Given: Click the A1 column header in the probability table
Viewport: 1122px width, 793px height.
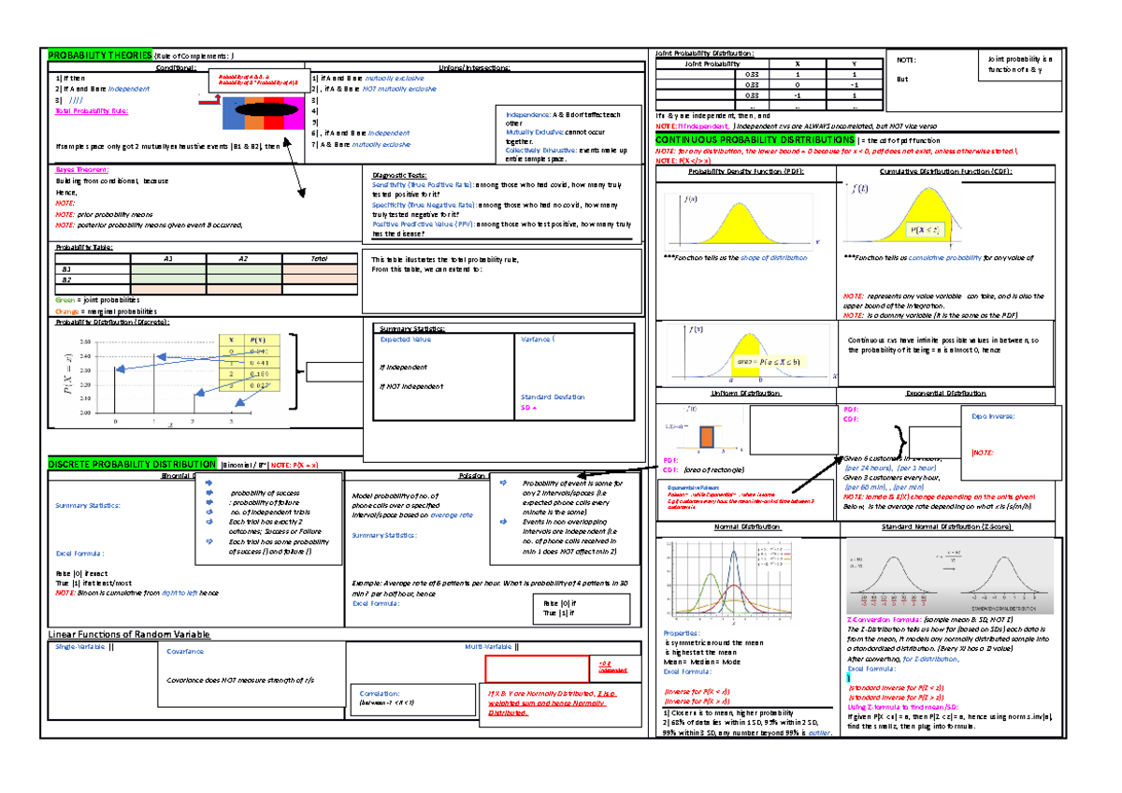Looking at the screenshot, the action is point(166,257).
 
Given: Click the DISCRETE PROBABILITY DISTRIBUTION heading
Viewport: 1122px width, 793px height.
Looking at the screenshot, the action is point(132,464).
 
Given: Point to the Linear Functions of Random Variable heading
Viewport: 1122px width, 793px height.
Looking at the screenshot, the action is point(128,634).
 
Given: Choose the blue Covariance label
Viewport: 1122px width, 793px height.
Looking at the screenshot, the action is point(185,651).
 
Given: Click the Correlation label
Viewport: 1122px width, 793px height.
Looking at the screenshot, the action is point(372,693).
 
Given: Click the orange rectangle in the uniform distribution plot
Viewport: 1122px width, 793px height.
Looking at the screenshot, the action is point(708,436).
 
